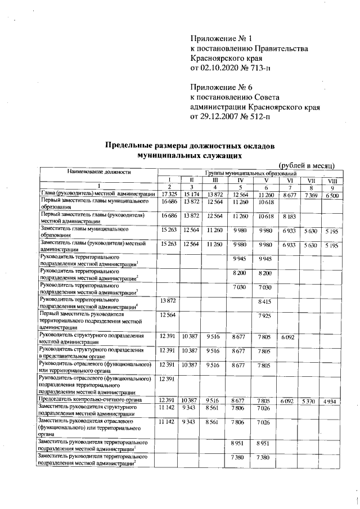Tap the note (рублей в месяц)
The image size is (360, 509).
tap(307, 164)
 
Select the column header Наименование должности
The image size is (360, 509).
tap(98, 171)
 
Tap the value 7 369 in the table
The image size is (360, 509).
tap(310, 194)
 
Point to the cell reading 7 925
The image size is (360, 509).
tap(264, 316)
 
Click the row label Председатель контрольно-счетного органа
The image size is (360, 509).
tap(93, 400)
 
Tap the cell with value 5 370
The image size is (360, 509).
tap(310, 400)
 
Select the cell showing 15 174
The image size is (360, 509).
tap(192, 194)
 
